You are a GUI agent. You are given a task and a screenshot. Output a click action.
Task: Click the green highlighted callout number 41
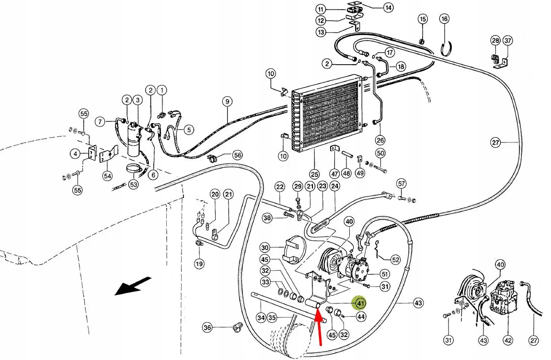tap(359, 303)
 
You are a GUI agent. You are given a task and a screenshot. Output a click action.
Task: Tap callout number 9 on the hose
tap(227, 101)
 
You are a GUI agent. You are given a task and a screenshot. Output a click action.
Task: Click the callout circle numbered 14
tap(388, 7)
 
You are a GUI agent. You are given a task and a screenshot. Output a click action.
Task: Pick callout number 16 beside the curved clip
tap(444, 19)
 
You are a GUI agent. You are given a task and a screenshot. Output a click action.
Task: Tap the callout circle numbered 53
tap(133, 184)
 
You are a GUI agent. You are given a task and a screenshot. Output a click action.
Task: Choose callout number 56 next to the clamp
tap(238, 155)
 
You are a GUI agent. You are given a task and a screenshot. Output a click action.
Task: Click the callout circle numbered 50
tap(380, 153)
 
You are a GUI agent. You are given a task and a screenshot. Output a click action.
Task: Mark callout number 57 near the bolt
tap(401, 184)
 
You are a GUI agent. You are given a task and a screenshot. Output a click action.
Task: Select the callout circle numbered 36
tap(207, 328)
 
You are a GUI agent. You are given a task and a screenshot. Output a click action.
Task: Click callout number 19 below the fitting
tap(199, 263)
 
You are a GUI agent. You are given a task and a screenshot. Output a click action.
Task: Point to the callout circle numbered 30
tap(265, 248)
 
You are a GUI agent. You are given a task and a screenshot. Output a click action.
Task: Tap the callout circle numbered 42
tap(508, 341)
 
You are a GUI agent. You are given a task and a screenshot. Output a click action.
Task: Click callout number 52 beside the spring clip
tap(395, 259)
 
